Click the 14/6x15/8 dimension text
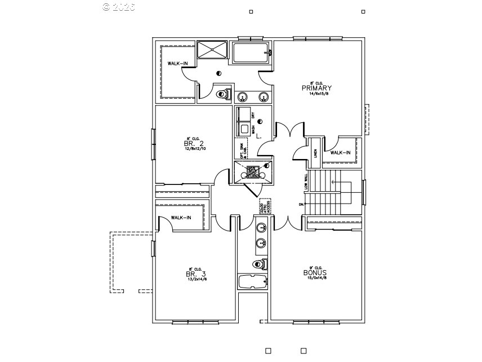coord(316,94)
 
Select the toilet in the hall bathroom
coord(260,263)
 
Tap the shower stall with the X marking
coord(213,49)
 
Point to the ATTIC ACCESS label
coord(265,207)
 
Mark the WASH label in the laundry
coord(253,129)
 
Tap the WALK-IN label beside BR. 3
coord(181,218)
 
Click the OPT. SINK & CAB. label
coord(239,148)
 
